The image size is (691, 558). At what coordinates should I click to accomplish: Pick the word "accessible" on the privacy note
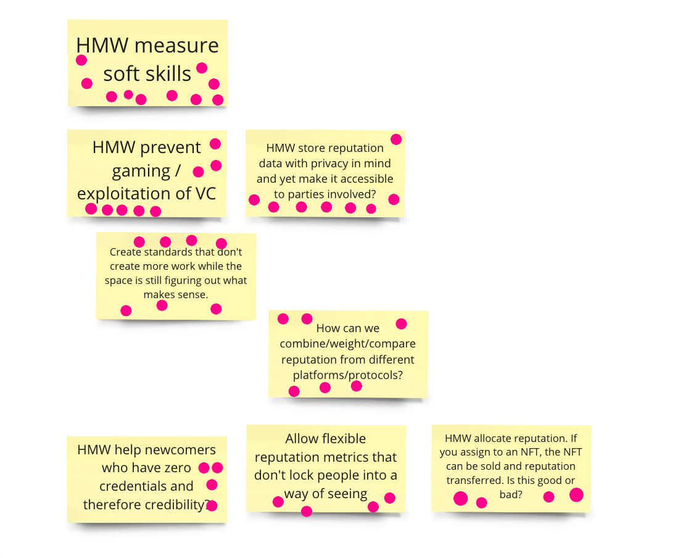366,179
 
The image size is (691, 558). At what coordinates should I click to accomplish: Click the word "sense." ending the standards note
193,294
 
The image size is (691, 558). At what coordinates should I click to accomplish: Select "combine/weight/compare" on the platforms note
347,344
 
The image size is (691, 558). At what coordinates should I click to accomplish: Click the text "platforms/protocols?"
347,375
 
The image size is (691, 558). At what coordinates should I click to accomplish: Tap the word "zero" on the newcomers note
177,468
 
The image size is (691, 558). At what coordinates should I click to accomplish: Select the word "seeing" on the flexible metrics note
348,494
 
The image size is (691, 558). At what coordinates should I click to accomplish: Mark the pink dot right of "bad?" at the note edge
576,494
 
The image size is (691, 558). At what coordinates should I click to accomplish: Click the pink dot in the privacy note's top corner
396,139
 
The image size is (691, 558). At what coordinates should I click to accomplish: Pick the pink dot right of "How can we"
401,324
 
